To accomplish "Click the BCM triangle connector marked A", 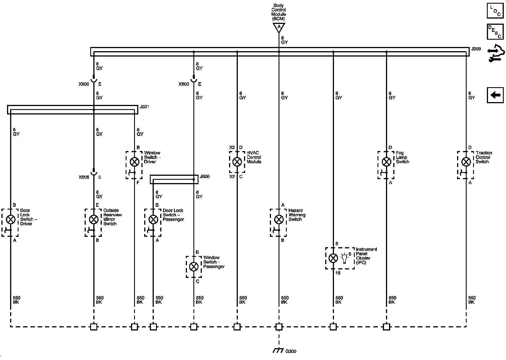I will (279, 27).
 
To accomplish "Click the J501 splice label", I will (144, 107).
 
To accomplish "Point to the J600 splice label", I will (204, 177).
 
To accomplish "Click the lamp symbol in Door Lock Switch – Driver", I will (11, 219).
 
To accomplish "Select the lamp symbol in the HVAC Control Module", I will (237, 162).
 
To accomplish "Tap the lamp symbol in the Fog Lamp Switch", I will (386, 162).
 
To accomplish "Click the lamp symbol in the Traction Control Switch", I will (466, 162).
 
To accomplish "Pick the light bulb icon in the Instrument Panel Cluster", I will (344, 258).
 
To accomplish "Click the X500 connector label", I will (84, 84).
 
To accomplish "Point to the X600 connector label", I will (184, 84).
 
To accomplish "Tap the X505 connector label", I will (84, 177).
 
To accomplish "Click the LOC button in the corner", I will (495, 11).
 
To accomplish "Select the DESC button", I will (495, 32).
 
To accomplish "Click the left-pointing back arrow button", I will (495, 95).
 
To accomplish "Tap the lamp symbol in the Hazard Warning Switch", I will (279, 219).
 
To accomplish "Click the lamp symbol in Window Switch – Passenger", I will (193, 266).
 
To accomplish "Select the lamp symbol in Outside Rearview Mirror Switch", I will (94, 219).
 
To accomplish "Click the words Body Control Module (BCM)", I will (279, 12).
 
